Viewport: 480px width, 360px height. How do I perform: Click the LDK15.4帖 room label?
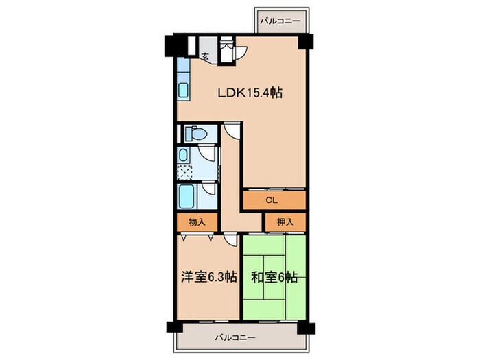tap(250, 93)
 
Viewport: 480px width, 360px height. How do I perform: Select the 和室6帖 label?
tap(274, 277)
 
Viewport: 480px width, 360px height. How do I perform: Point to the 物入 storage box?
tap(197, 222)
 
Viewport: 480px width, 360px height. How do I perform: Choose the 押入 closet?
tap(285, 222)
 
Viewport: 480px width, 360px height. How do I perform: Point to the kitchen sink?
tap(184, 91)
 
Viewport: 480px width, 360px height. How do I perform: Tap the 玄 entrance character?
tap(205, 58)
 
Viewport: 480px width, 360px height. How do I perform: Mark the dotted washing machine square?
tap(185, 171)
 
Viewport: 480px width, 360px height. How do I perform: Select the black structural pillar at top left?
tap(170, 48)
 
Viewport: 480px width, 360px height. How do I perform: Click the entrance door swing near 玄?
tap(241, 51)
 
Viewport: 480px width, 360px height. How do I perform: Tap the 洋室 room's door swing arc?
tap(228, 240)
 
